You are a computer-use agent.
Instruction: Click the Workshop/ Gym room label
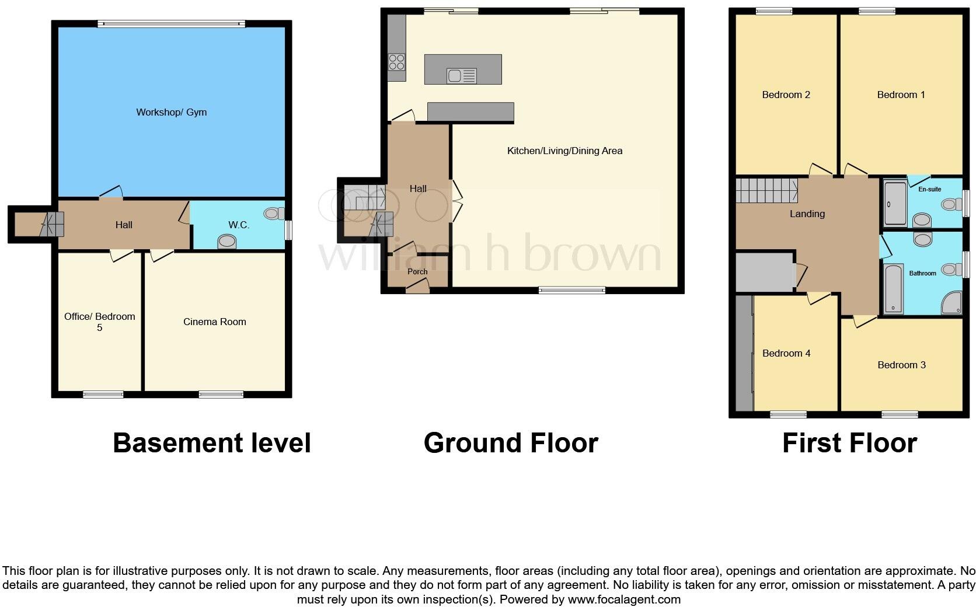pyautogui.click(x=171, y=112)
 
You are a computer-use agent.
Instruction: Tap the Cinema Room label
pyautogui.click(x=214, y=322)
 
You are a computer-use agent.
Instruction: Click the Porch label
pyautogui.click(x=417, y=271)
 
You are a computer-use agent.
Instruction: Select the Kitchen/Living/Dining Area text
pyautogui.click(x=564, y=151)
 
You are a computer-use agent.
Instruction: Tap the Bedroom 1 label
pyautogui.click(x=901, y=95)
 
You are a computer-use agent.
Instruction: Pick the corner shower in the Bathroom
pyautogui.click(x=952, y=303)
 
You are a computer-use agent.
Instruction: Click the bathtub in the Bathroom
pyautogui.click(x=893, y=289)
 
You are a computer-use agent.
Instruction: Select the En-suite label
pyautogui.click(x=929, y=189)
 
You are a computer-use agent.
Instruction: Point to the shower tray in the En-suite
pyautogui.click(x=895, y=204)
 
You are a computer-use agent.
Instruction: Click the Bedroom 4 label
pyautogui.click(x=786, y=353)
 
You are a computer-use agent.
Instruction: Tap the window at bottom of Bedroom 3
pyautogui.click(x=900, y=414)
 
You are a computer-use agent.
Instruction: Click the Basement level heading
pyautogui.click(x=211, y=443)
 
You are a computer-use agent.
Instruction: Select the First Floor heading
pyautogui.click(x=849, y=443)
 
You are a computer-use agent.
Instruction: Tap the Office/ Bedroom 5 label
pyautogui.click(x=99, y=322)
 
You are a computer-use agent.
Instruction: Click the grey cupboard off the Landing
pyautogui.click(x=764, y=272)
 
